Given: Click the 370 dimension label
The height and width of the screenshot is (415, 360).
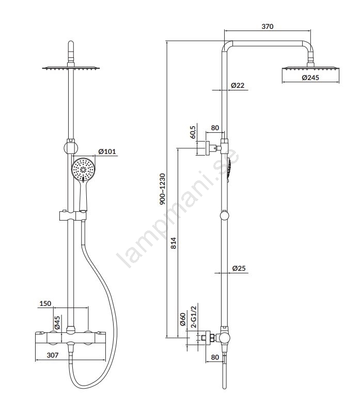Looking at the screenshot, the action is click(268, 26).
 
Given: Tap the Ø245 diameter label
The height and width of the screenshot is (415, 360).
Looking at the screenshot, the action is click(310, 78).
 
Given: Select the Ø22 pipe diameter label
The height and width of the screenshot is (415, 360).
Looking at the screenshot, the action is click(238, 85).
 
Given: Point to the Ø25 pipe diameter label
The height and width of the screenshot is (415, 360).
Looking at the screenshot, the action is click(239, 268).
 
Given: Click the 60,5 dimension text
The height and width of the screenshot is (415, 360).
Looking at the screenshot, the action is click(193, 132).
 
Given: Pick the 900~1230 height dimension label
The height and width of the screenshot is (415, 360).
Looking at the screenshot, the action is click(162, 189).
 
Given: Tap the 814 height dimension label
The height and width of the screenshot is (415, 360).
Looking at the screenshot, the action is click(173, 243).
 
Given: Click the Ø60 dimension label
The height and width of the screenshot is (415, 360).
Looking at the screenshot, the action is click(183, 319).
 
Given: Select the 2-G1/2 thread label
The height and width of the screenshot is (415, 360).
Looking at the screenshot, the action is click(194, 317).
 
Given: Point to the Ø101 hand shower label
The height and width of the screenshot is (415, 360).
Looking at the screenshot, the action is click(107, 151).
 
